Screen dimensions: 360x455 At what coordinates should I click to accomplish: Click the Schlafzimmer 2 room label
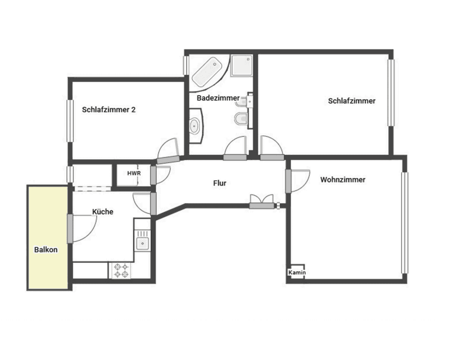tap(108, 109)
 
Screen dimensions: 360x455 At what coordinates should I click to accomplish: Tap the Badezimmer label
tap(218, 98)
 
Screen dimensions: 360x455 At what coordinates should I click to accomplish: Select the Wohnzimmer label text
tap(343, 179)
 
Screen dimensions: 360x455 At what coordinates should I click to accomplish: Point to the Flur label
tap(220, 183)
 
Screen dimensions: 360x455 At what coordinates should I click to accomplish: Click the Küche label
tap(102, 212)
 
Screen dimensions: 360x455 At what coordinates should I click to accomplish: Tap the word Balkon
tap(46, 249)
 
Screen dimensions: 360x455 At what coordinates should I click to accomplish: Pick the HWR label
tap(133, 173)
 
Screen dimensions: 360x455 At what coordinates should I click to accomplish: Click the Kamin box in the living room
tap(297, 272)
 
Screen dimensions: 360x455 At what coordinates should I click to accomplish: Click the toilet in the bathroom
tap(240, 119)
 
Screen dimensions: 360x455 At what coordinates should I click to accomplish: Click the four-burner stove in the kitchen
tap(121, 270)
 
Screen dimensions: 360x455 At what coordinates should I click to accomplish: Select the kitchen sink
tap(142, 244)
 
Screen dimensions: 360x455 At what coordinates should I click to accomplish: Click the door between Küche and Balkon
tap(70, 229)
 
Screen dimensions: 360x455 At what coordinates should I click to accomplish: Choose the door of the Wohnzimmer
tap(289, 181)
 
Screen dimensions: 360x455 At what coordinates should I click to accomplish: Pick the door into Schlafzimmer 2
tap(168, 159)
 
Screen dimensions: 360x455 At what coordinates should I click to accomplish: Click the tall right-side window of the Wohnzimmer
tap(404, 223)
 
